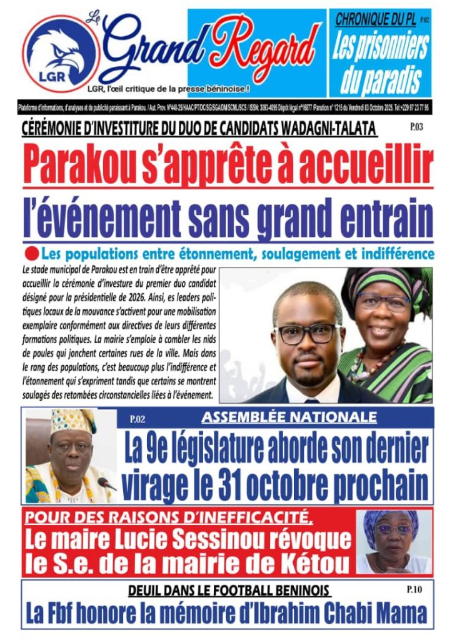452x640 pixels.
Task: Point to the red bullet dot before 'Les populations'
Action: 31,254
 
